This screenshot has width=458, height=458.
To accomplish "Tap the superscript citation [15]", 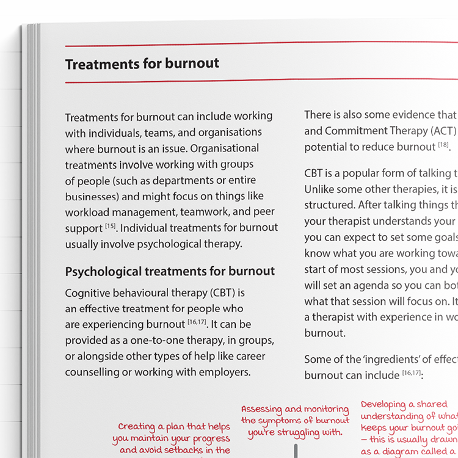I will [110, 226].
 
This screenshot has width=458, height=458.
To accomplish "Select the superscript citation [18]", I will [443, 145].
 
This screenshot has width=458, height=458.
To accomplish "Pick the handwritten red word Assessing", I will [261, 409].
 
